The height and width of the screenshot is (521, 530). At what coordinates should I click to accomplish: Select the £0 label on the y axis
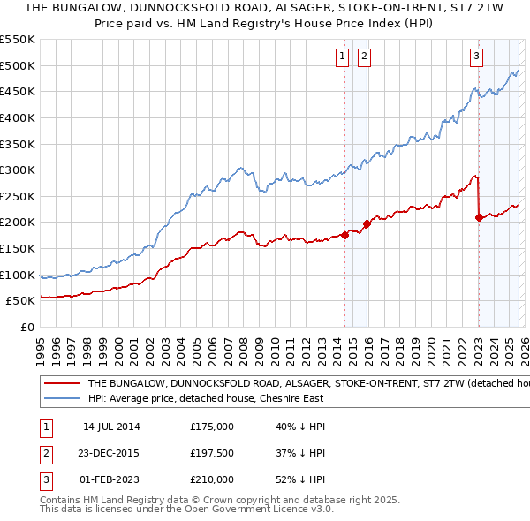[x=26, y=327]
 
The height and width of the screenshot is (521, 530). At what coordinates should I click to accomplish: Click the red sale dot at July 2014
[x=344, y=235]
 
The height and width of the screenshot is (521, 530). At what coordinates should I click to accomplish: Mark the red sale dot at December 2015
[x=367, y=223]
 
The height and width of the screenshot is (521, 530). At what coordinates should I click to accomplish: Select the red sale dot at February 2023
[x=479, y=217]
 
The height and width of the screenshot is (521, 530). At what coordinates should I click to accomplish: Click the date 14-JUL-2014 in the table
[x=110, y=427]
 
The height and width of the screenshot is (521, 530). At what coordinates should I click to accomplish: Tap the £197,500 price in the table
[x=211, y=453]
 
